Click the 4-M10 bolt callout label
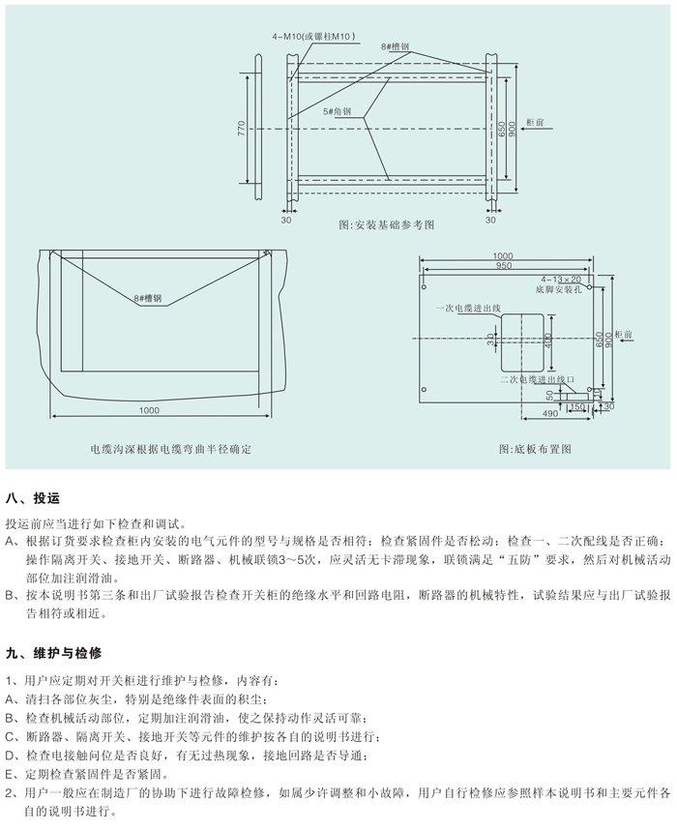(x=316, y=36)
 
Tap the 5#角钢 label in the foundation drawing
(x=339, y=112)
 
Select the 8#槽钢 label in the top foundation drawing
(x=396, y=45)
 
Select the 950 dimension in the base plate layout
(x=504, y=265)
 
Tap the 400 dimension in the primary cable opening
(x=547, y=341)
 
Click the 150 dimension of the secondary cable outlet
(x=577, y=407)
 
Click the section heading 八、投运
(x=33, y=498)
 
